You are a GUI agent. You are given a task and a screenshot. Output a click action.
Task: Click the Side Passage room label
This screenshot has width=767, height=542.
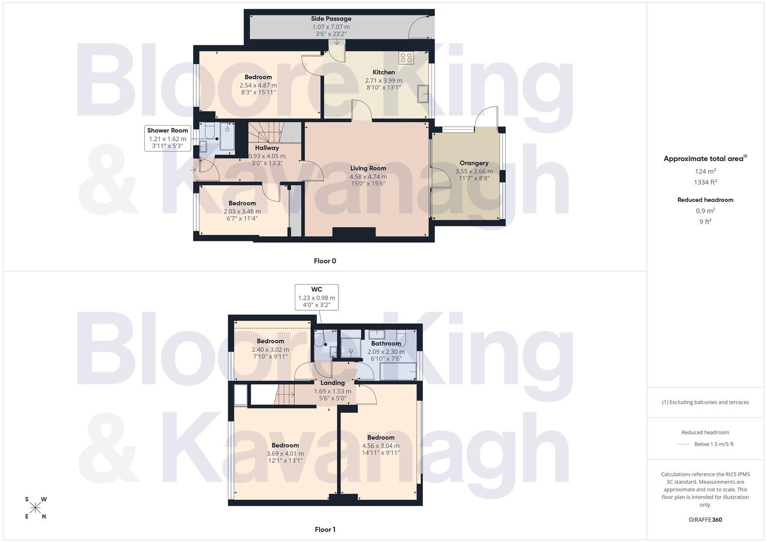pos(331,19)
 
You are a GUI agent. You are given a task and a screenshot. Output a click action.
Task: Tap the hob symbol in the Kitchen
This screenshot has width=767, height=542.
pos(406,58)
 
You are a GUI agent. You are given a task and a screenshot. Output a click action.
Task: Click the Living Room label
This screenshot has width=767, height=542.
pos(368,168)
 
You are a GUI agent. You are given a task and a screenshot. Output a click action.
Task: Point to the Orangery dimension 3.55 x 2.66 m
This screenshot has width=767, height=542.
pos(474,171)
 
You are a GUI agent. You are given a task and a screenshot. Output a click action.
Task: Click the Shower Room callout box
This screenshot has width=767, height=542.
pos(168,138)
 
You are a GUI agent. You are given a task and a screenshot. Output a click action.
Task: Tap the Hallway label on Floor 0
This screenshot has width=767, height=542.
pos(267,148)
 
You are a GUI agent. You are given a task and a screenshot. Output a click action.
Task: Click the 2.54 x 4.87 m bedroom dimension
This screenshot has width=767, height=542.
pos(258,85)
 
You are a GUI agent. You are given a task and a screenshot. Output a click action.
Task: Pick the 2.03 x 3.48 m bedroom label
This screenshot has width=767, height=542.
pos(242,203)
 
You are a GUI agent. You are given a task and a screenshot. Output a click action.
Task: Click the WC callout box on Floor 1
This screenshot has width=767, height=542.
pos(316,297)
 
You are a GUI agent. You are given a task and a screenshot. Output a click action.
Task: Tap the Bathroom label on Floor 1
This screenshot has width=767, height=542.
pos(386,344)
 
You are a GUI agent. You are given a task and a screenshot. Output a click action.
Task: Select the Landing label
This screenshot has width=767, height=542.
pos(333,383)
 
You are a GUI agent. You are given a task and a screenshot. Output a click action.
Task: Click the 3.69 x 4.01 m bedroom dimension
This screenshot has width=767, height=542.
pos(285,454)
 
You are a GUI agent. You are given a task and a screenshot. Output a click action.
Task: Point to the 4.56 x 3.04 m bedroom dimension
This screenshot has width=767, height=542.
pos(381,446)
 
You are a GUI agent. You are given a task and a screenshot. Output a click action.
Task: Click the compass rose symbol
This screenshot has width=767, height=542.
pos(35,508)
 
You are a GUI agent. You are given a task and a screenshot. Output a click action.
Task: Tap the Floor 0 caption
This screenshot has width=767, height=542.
pos(325,261)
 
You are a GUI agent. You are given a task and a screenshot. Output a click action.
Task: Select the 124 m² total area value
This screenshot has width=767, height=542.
pos(705,171)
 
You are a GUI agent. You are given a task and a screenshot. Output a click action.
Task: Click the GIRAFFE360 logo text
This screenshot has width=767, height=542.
pos(705,520)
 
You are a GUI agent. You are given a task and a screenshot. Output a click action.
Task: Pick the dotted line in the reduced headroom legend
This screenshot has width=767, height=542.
pos(684,444)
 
